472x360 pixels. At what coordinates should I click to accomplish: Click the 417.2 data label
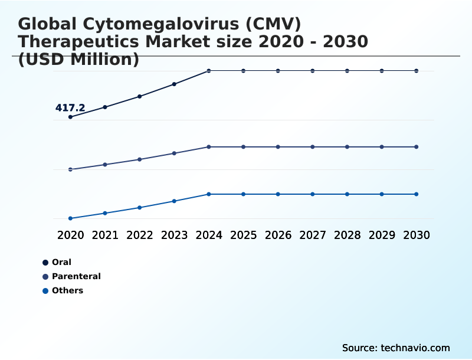pyautogui.click(x=70, y=108)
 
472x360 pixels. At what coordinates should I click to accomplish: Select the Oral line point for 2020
pyautogui.click(x=70, y=117)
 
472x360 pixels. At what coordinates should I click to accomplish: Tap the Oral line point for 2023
pyautogui.click(x=174, y=84)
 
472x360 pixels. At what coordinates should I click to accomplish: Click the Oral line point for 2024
pyautogui.click(x=209, y=71)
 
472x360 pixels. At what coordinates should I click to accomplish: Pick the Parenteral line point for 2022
pyautogui.click(x=140, y=159)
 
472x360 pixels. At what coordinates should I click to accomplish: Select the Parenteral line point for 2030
pyautogui.click(x=417, y=146)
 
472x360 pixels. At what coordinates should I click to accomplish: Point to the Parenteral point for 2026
pyautogui.click(x=278, y=146)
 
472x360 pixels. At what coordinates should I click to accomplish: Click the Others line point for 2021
pyautogui.click(x=105, y=213)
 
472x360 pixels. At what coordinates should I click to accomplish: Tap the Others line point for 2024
pyautogui.click(x=209, y=194)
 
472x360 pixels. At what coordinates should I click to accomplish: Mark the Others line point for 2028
pyautogui.click(x=347, y=194)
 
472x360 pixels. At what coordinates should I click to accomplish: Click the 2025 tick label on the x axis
pyautogui.click(x=243, y=235)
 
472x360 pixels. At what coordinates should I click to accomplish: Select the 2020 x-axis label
pyautogui.click(x=70, y=235)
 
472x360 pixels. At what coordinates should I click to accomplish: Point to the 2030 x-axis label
pyautogui.click(x=417, y=235)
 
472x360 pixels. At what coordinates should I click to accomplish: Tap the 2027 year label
pyautogui.click(x=313, y=235)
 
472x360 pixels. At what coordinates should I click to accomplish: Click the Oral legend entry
pyautogui.click(x=61, y=262)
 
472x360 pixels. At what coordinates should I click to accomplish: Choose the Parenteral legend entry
pyautogui.click(x=76, y=276)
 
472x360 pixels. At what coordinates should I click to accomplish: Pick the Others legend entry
pyautogui.click(x=67, y=290)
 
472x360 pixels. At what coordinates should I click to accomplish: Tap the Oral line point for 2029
pyautogui.click(x=382, y=71)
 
